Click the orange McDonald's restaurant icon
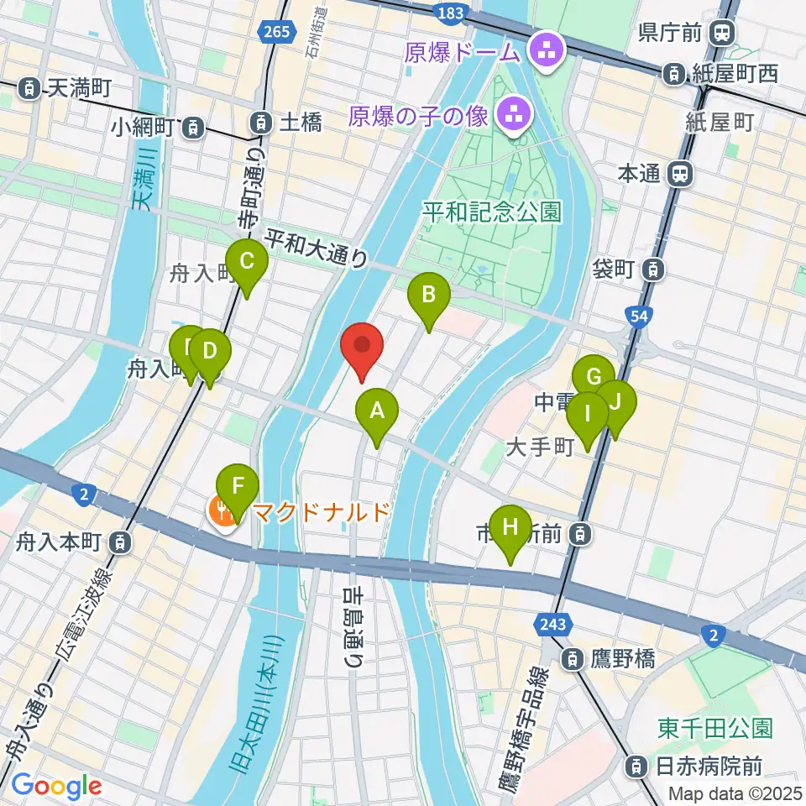point(223,510)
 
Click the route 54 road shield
point(637,316)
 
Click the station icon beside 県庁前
point(720,34)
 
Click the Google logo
point(57,787)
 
